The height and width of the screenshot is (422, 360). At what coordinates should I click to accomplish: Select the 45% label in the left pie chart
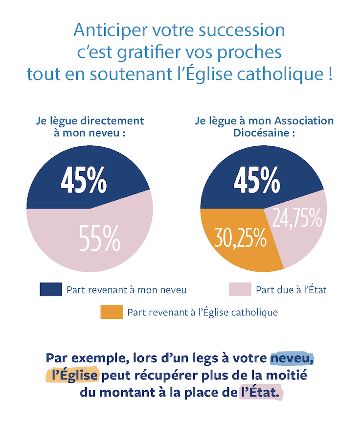[x=84, y=181]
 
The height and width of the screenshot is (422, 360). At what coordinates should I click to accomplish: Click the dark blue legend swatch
[x=50, y=290]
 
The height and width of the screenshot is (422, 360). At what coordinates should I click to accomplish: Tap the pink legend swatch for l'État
[x=240, y=290]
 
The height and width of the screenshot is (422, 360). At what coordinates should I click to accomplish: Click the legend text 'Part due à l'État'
[x=291, y=290]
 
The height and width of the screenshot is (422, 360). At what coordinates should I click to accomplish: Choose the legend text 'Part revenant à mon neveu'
[x=126, y=290]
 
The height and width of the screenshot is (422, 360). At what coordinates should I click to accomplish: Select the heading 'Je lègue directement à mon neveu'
[x=90, y=126]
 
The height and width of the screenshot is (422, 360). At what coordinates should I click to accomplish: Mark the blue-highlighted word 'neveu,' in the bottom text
[x=292, y=358]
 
